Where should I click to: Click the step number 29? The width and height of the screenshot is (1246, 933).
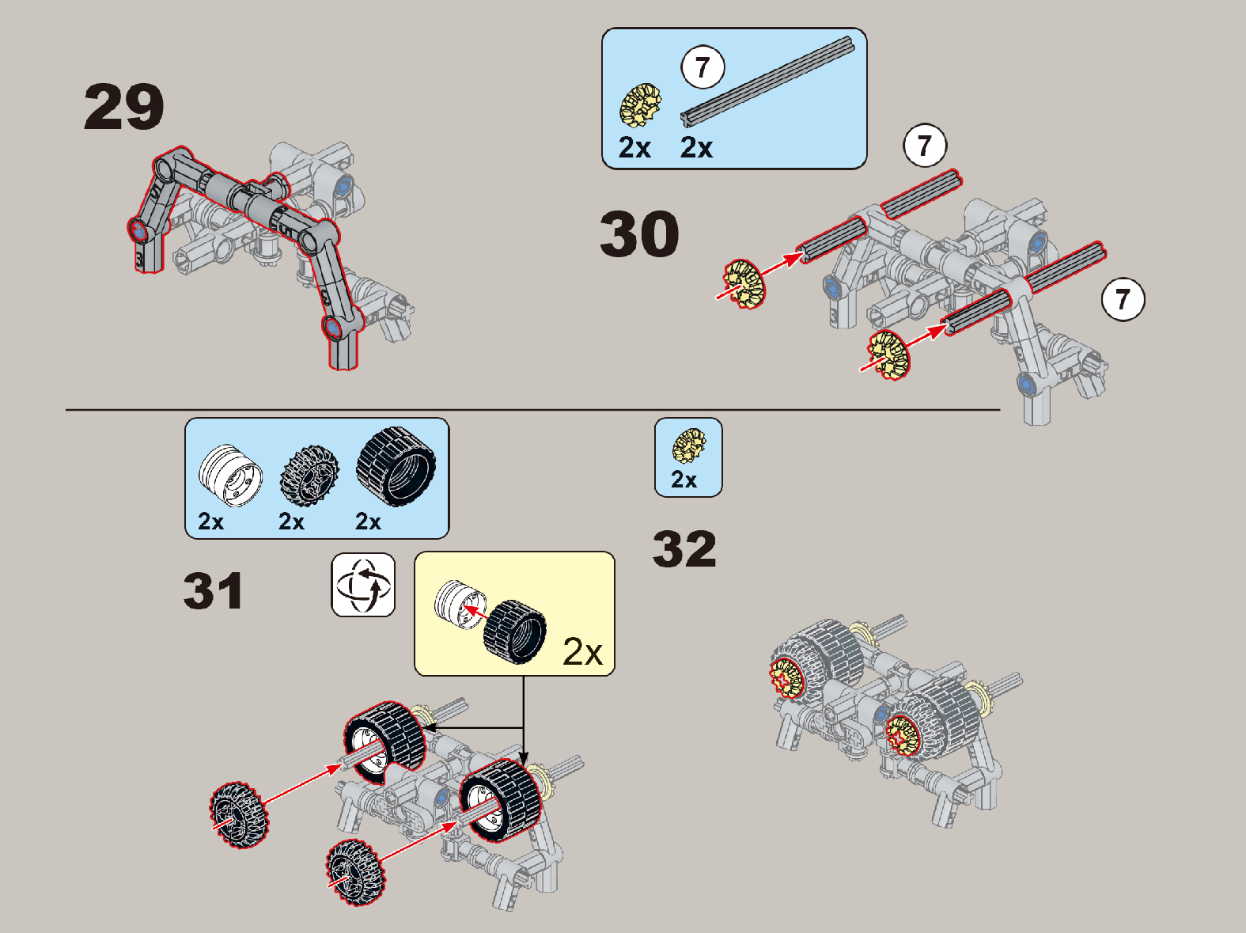pyautogui.click(x=123, y=107)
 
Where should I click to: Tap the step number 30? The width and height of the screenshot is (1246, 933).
pyautogui.click(x=639, y=233)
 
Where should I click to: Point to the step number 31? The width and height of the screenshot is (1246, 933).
pyautogui.click(x=214, y=591)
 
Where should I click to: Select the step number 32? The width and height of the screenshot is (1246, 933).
pyautogui.click(x=684, y=549)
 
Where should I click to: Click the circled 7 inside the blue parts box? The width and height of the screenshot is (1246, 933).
pyautogui.click(x=703, y=67)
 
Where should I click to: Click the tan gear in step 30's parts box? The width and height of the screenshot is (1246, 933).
pyautogui.click(x=640, y=105)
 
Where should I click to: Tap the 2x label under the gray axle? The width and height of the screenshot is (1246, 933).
pyautogui.click(x=696, y=148)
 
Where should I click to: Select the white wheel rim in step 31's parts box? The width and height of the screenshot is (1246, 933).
pyautogui.click(x=230, y=476)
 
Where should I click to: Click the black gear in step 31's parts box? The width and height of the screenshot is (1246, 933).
pyautogui.click(x=309, y=476)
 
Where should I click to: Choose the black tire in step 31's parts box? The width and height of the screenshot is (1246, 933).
pyautogui.click(x=396, y=466)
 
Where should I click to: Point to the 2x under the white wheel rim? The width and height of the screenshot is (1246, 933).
pyautogui.click(x=210, y=521)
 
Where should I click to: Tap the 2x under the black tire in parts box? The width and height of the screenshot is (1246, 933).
pyautogui.click(x=368, y=521)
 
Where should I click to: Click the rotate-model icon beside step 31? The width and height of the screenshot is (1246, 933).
pyautogui.click(x=363, y=585)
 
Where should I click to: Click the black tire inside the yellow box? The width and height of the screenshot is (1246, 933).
pyautogui.click(x=515, y=631)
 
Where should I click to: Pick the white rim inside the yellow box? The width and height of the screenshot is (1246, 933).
pyautogui.click(x=460, y=605)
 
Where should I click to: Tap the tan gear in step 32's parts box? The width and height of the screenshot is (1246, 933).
pyautogui.click(x=688, y=446)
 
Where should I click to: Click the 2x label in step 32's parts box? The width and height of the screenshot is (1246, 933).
pyautogui.click(x=684, y=480)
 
